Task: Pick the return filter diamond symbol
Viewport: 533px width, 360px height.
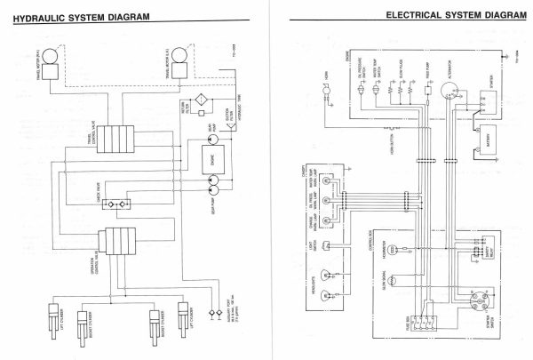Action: (203, 100)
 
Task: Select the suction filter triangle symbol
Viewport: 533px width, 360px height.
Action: (233, 105)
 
